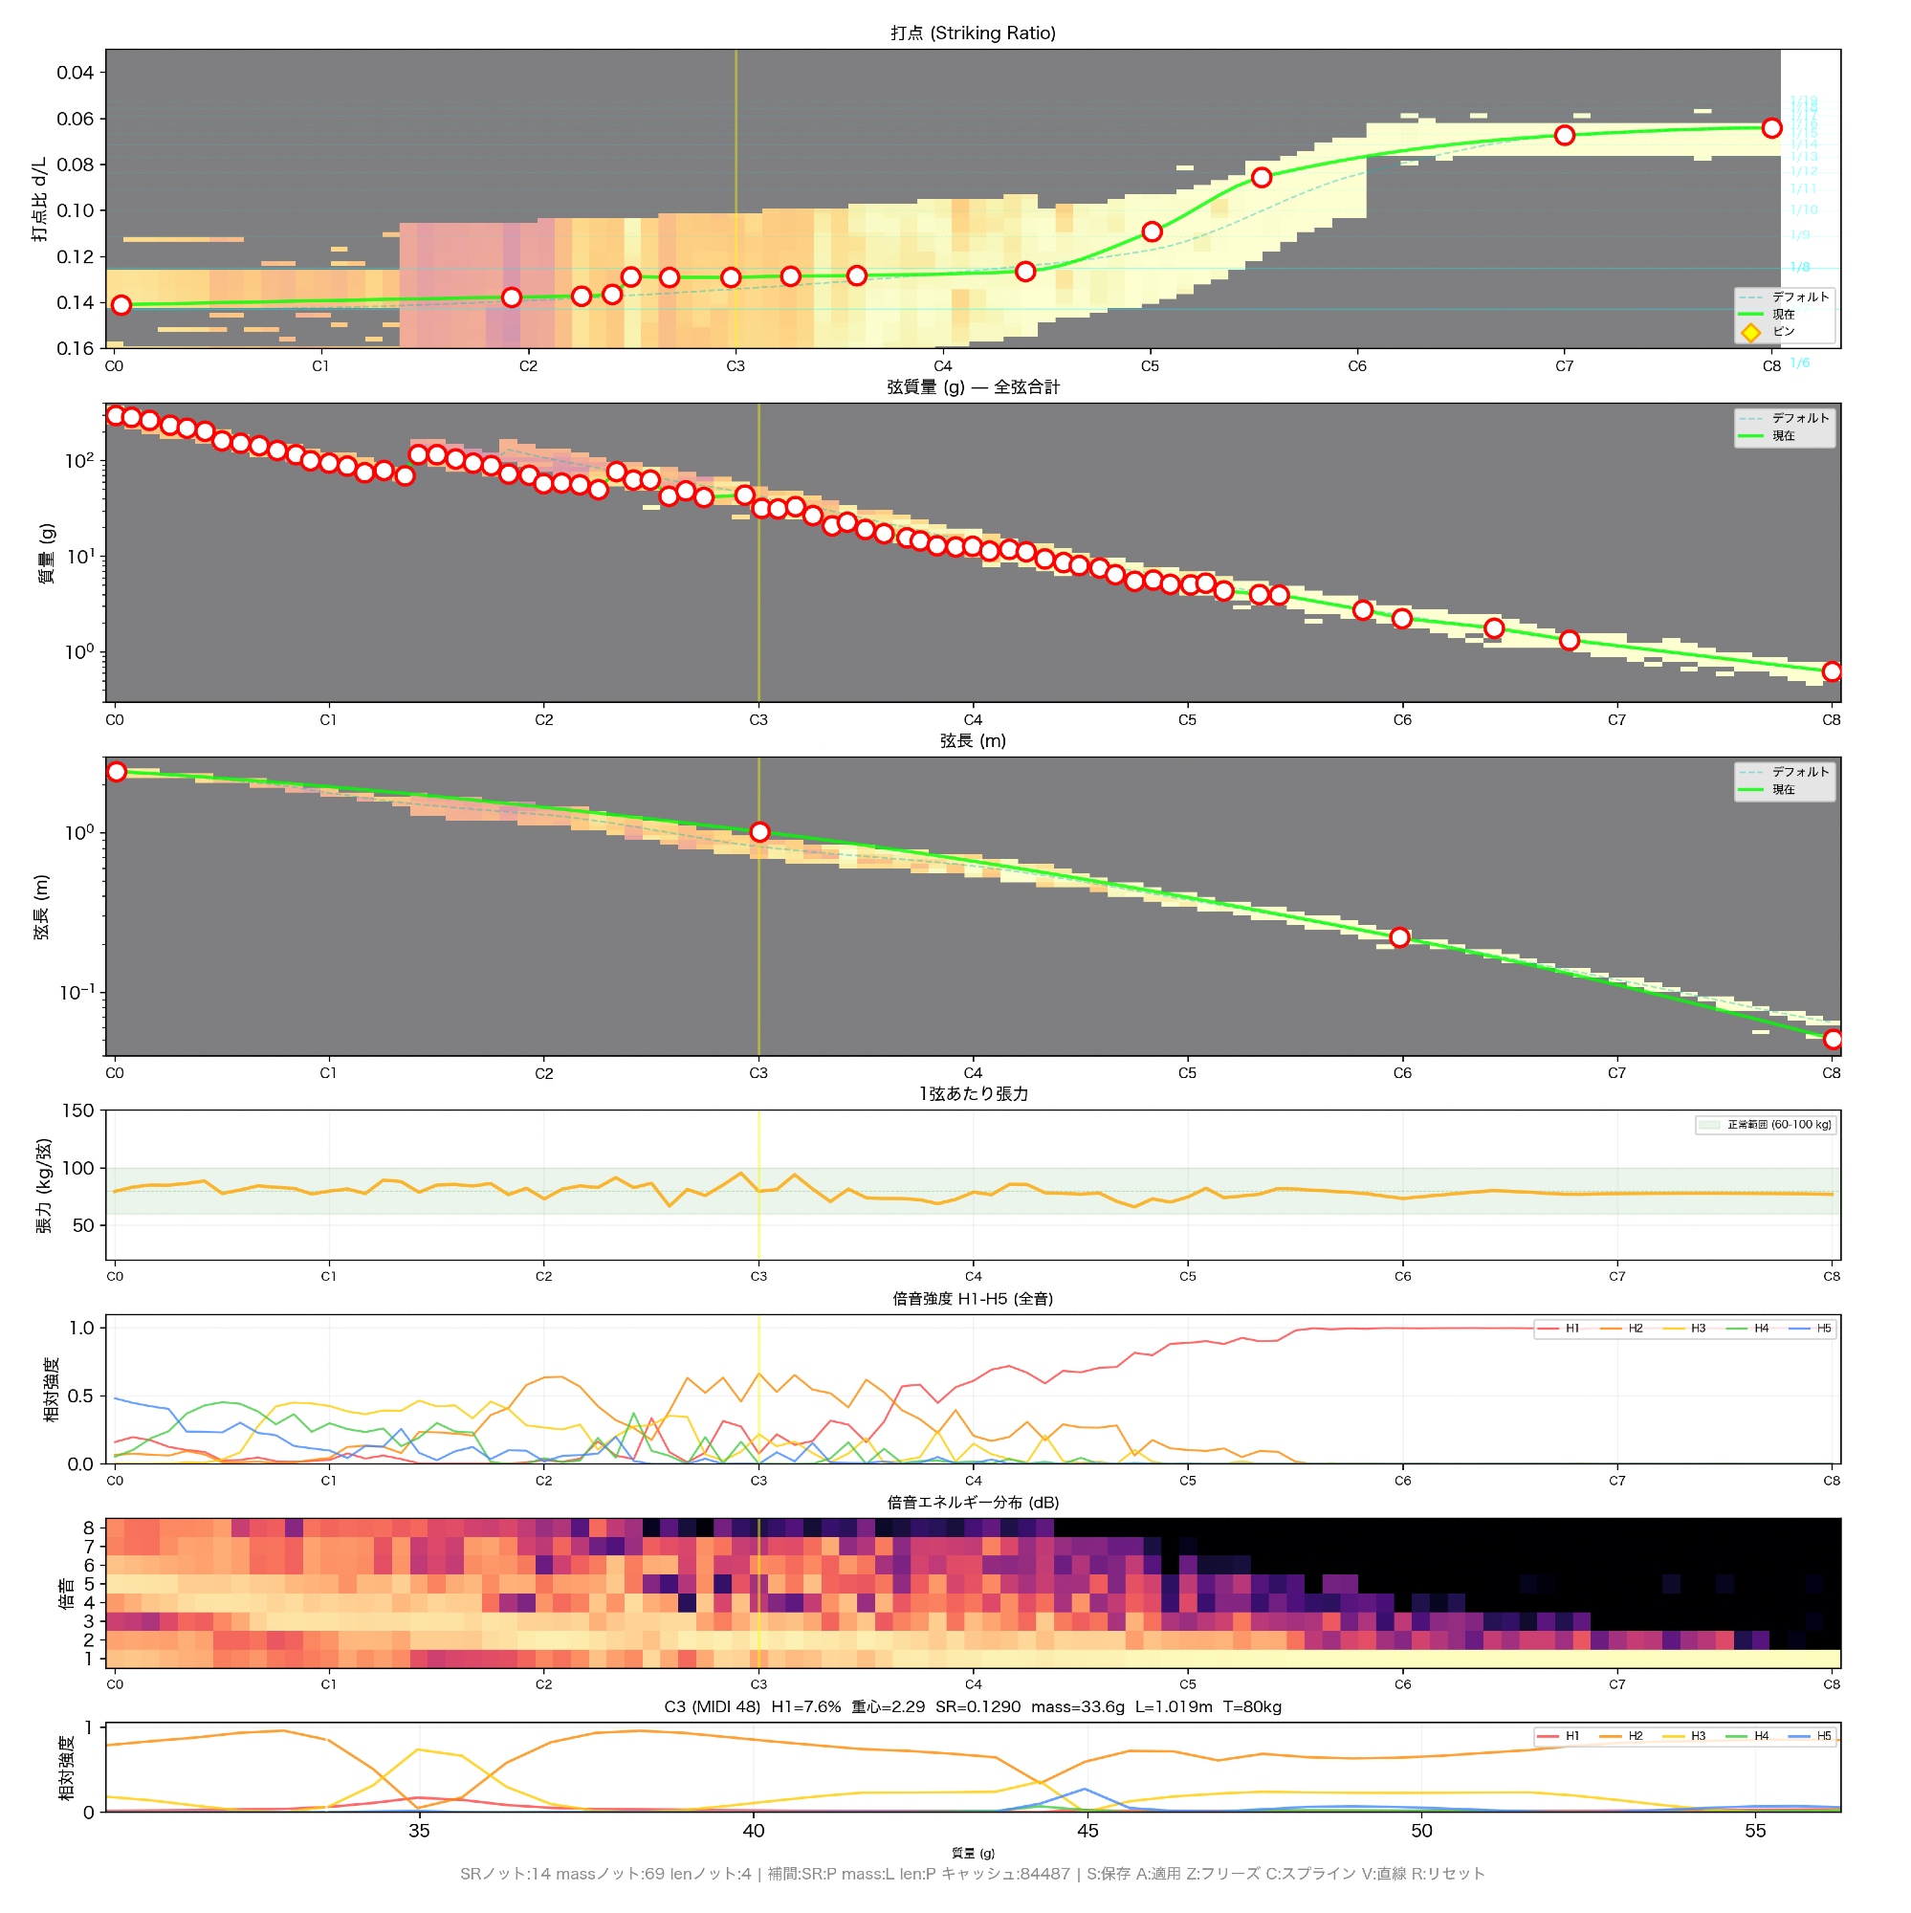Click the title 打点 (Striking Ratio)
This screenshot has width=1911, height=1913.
973,33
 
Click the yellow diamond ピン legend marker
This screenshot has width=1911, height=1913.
1750,333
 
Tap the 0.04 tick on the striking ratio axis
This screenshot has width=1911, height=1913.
76,73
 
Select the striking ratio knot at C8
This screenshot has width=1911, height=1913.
1771,128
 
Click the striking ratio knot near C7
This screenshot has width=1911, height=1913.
1565,136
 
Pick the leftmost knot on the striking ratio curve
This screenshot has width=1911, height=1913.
121,305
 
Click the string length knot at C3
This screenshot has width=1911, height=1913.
759,833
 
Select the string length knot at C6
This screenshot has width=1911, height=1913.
1399,937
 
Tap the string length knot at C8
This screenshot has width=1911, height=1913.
1833,1040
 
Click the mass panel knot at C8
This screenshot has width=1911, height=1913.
1832,672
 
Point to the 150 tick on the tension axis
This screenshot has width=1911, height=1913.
78,1110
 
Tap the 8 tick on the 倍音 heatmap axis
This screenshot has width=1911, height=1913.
89,1528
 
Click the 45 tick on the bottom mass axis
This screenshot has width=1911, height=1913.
1087,1831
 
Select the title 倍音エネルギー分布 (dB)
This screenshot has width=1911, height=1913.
973,1503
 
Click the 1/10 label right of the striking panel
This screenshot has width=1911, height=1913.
1804,209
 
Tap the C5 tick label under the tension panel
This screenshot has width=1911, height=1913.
1187,1276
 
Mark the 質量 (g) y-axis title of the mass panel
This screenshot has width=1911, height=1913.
47,554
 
